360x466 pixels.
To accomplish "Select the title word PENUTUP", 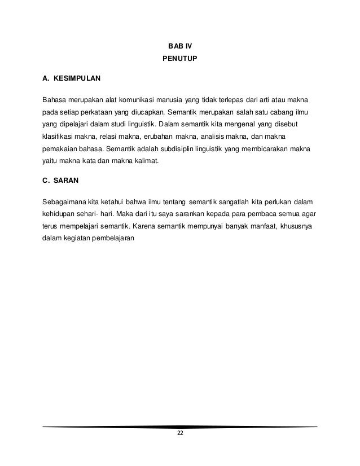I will pos(179,58).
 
